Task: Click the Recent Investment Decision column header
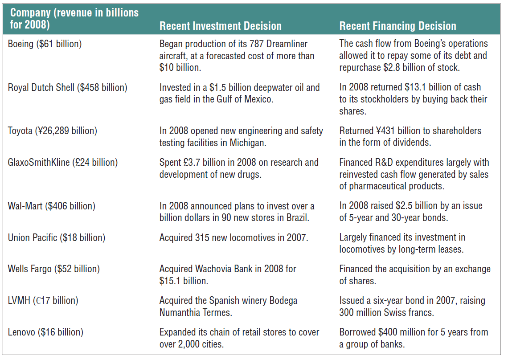pyautogui.click(x=220, y=26)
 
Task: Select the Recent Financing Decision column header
pyautogui.click(x=397, y=26)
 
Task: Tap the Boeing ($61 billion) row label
pyautogui.click(x=45, y=44)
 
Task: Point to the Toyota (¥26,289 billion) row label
pyautogui.click(x=53, y=131)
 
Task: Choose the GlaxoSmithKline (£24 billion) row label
pyautogui.click(x=63, y=162)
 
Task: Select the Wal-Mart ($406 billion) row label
pyautogui.click(x=52, y=206)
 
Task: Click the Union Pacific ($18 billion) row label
pyautogui.click(x=57, y=237)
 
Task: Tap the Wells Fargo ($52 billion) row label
pyautogui.click(x=54, y=269)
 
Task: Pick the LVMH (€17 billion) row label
pyautogui.click(x=43, y=300)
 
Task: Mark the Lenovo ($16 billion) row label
pyautogui.click(x=45, y=332)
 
